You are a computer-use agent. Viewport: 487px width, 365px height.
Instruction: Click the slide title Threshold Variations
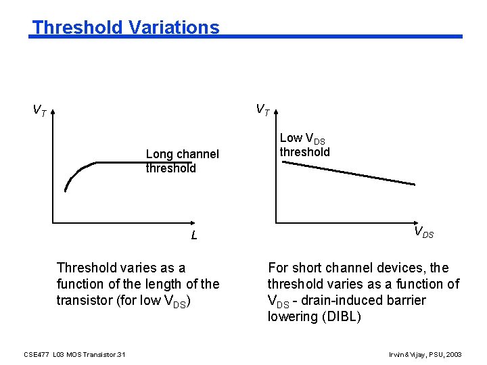point(126,28)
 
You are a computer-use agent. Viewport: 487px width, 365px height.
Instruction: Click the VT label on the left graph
point(40,109)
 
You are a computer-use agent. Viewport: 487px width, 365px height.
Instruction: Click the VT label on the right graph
point(262,109)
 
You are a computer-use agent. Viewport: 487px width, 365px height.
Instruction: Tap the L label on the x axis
point(193,236)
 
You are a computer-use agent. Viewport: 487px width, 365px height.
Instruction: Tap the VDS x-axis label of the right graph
point(423,233)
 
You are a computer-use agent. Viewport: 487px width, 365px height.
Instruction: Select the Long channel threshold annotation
point(182,161)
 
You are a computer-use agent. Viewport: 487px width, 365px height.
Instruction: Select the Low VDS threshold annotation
point(304,145)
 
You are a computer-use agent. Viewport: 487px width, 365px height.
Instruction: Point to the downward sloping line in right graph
point(348,172)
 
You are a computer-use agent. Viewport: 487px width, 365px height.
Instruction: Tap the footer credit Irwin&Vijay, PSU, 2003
point(425,354)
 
